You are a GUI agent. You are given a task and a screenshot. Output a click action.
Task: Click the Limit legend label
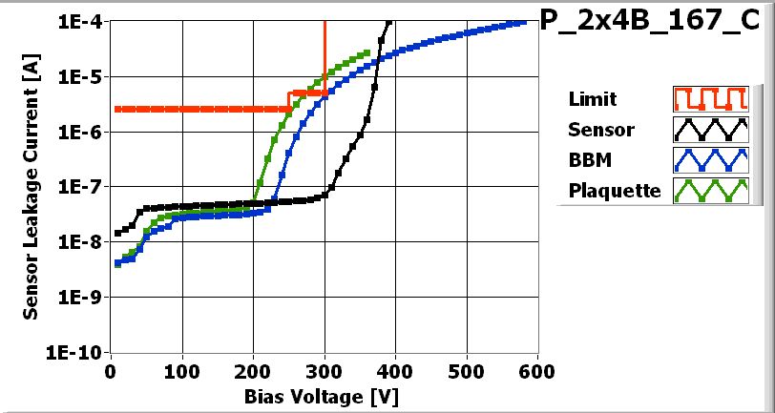point(592,99)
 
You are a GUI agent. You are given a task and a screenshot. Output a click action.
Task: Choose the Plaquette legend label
point(615,191)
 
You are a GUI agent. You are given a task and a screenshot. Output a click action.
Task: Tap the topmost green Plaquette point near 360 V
point(367,52)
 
